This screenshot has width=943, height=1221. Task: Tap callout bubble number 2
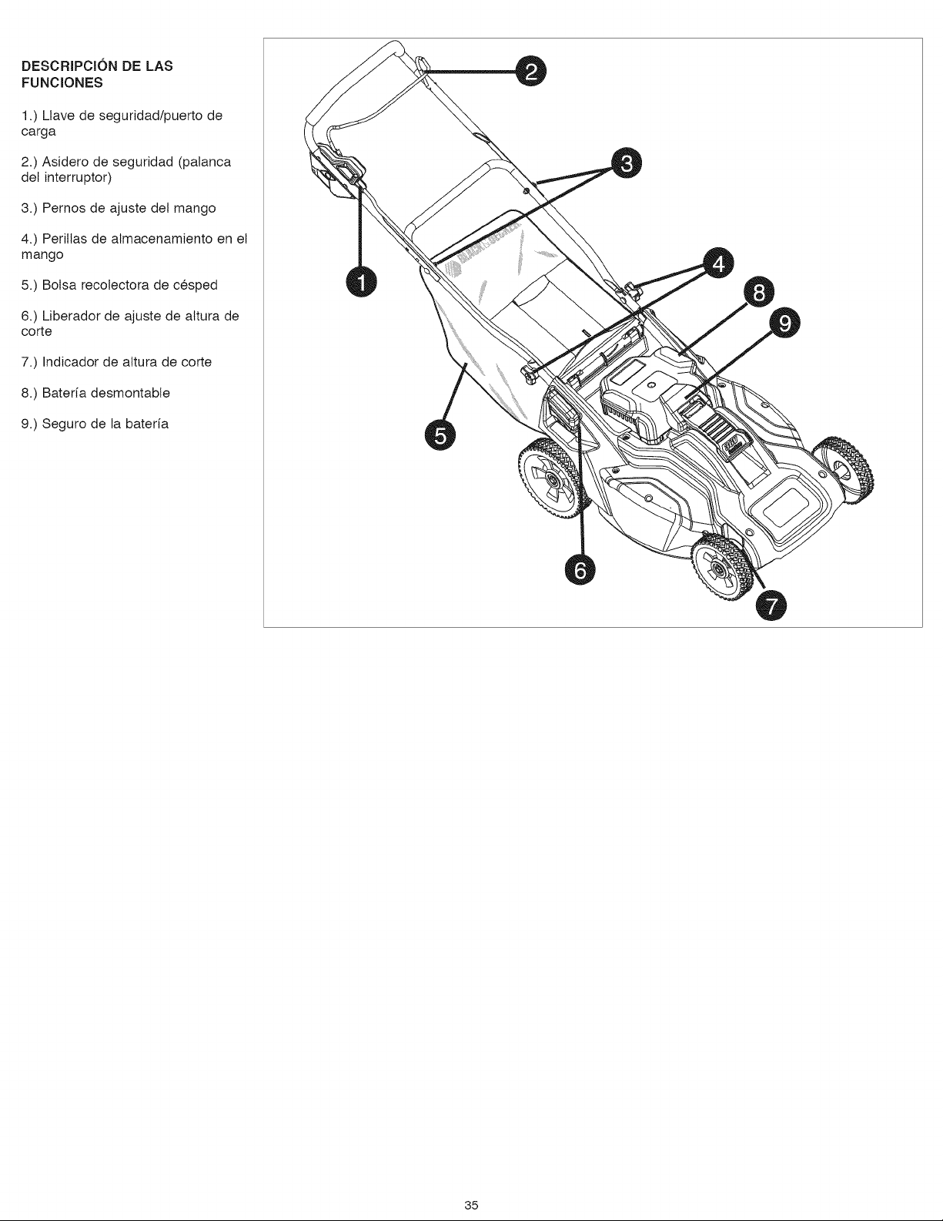tap(530, 72)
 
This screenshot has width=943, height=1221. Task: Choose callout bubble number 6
tap(580, 570)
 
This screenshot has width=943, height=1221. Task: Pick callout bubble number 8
tap(759, 294)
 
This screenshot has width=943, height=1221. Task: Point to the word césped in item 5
tap(199, 285)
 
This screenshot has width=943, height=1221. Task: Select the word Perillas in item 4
tap(62, 240)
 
